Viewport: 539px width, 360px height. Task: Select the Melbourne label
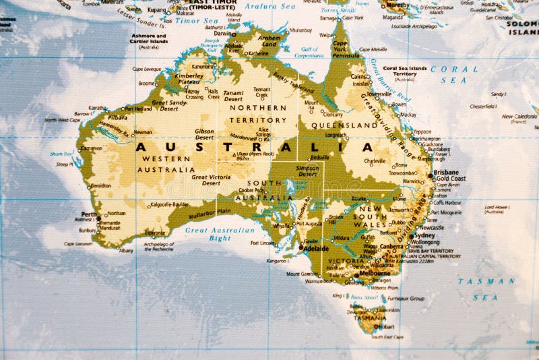376,274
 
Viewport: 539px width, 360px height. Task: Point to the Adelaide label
316,248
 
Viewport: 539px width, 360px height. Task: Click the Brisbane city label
446,172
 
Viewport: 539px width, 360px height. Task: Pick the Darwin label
222,32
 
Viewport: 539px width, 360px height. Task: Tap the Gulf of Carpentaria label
310,52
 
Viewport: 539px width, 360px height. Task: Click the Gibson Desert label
204,133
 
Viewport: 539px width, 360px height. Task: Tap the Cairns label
360,77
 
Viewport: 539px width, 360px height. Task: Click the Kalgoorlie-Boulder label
169,204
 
